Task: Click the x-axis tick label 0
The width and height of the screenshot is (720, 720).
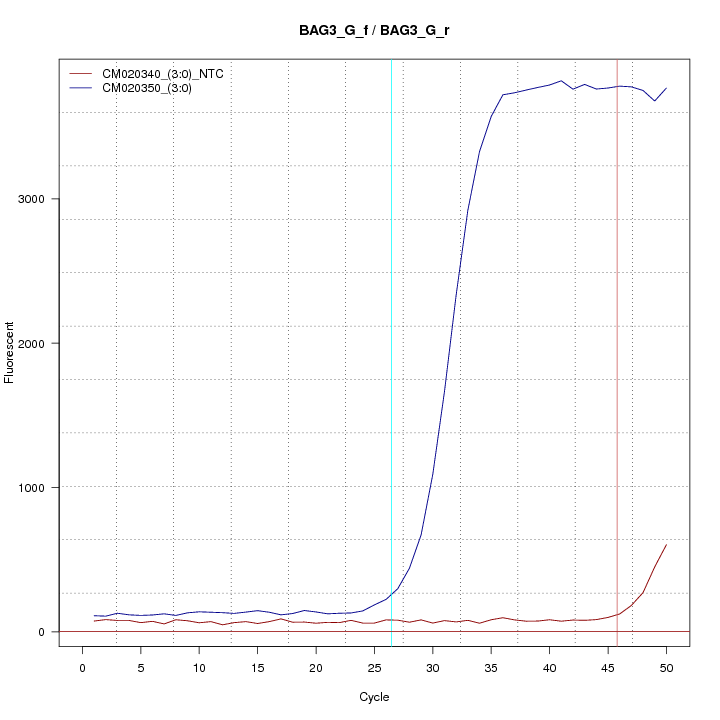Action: point(83,667)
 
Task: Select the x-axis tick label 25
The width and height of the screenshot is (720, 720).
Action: point(375,667)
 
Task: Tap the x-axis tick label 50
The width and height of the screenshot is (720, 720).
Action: point(667,667)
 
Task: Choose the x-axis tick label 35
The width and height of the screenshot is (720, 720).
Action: point(491,667)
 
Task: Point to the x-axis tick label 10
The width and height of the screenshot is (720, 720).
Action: point(199,667)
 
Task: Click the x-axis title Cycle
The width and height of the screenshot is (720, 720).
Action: point(374,697)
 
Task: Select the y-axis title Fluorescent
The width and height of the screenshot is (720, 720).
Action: point(11,352)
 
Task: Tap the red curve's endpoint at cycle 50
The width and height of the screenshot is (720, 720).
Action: point(666,545)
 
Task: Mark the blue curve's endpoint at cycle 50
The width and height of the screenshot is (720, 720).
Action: point(666,88)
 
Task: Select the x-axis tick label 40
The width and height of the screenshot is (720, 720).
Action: point(550,667)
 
